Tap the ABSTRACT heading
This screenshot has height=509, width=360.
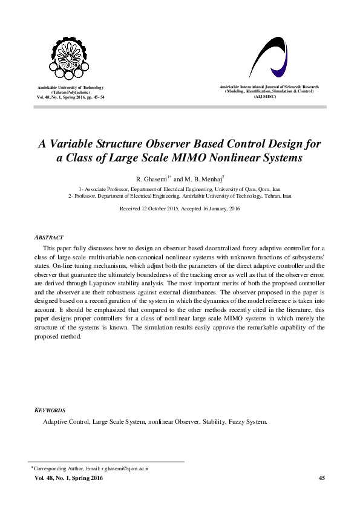[x=50, y=238]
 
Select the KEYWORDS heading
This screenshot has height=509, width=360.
[x=50, y=410]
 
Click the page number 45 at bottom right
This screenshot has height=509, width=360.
[x=321, y=479]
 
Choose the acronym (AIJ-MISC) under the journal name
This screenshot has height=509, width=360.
[x=266, y=97]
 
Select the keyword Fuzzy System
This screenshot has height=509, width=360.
[x=247, y=421]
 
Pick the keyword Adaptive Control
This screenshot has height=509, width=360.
[x=66, y=421]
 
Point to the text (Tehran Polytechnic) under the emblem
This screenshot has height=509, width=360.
[x=71, y=92]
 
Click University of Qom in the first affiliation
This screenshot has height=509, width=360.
[x=229, y=189]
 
